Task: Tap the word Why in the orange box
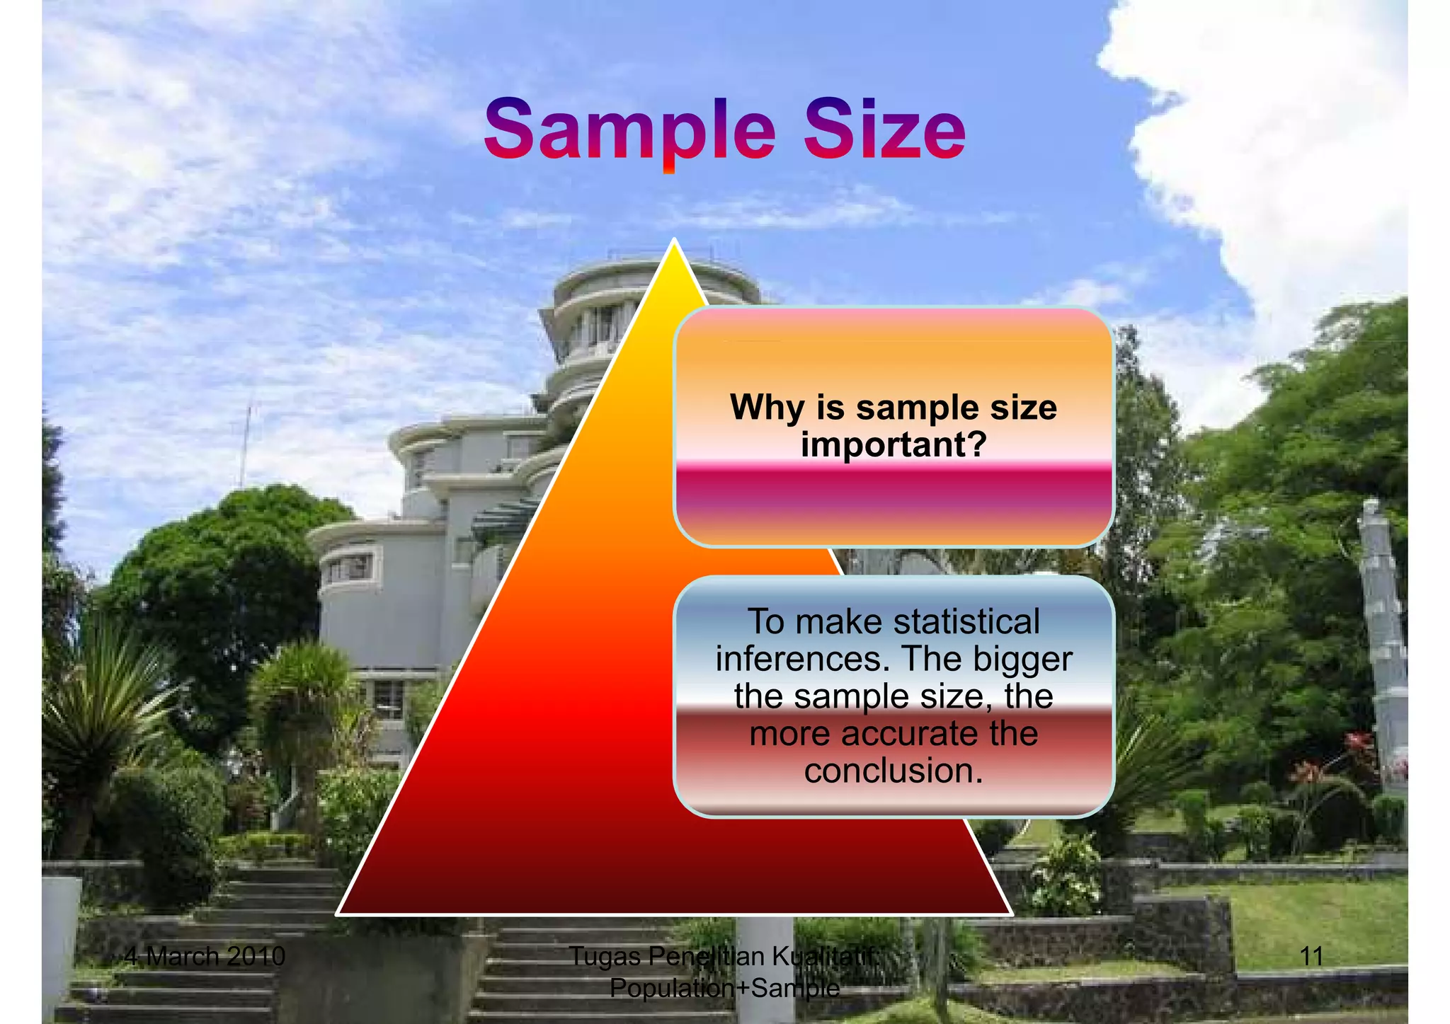(x=768, y=408)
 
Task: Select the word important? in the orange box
(x=894, y=445)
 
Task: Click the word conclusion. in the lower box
(x=894, y=771)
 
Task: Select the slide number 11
(x=1311, y=957)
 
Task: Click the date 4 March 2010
(x=205, y=957)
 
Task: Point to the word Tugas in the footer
(x=605, y=957)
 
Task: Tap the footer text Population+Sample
(x=724, y=988)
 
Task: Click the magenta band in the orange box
(x=894, y=488)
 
